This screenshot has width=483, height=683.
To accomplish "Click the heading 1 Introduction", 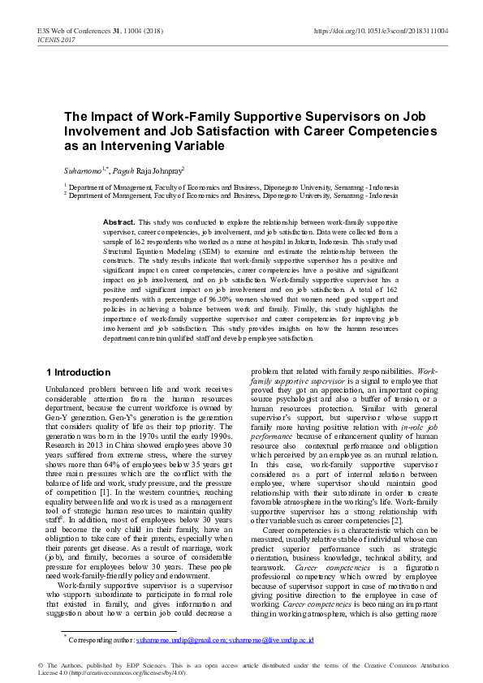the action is coord(78,372).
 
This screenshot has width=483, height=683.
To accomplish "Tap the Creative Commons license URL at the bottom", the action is coord(127,672).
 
